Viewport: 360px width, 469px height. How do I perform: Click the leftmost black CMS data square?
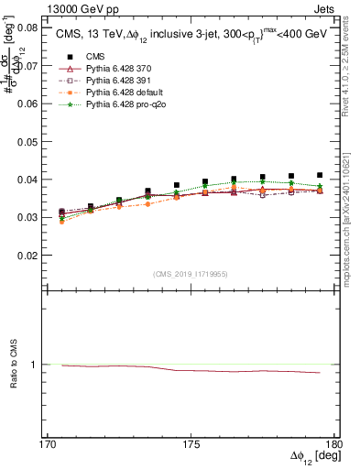point(62,212)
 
